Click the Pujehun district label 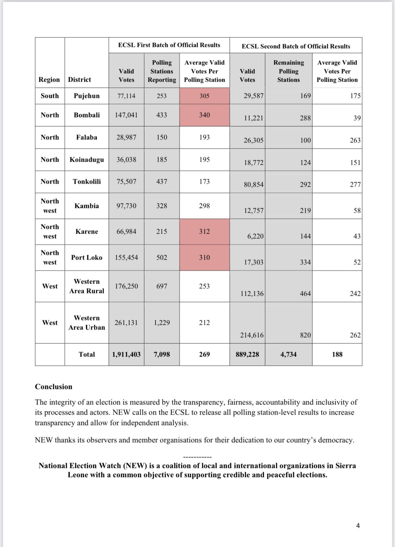click(x=87, y=96)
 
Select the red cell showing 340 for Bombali click(x=204, y=115)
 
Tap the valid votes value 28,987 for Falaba click(x=126, y=137)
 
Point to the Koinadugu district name click(x=87, y=160)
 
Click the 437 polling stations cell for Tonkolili click(x=162, y=182)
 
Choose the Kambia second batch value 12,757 click(x=254, y=211)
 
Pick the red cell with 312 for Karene click(x=204, y=232)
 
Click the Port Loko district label click(x=87, y=258)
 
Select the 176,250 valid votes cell click(x=126, y=286)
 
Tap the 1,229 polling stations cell click(x=162, y=323)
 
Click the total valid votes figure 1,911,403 click(x=126, y=355)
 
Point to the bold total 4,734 click(x=288, y=355)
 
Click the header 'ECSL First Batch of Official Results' click(x=169, y=45)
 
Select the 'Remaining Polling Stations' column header click(x=288, y=71)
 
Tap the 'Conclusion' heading click(x=54, y=387)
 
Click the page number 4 click(x=358, y=526)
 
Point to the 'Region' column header click(x=49, y=80)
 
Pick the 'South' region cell click(x=50, y=96)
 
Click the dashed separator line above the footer click(x=197, y=457)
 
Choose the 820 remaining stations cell click(x=305, y=335)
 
